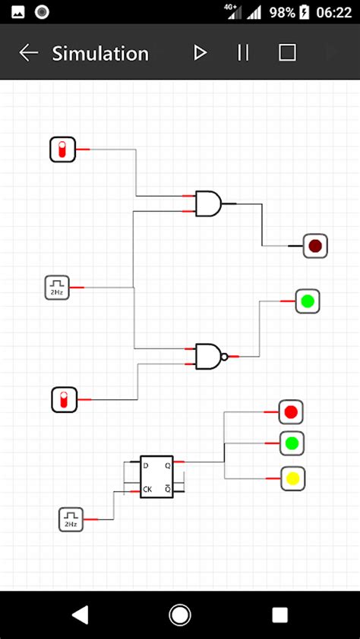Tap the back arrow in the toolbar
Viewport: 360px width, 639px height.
[29, 52]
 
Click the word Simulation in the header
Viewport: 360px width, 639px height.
[100, 53]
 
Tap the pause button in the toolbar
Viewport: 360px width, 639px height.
[243, 52]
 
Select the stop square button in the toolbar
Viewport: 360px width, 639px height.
[287, 52]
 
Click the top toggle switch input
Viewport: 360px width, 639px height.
[63, 150]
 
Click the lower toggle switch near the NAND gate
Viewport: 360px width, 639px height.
[65, 399]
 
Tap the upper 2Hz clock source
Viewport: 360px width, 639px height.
[57, 288]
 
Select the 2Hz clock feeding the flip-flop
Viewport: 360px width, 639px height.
[71, 520]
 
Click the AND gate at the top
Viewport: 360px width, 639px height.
[208, 203]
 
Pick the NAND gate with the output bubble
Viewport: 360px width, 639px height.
[210, 356]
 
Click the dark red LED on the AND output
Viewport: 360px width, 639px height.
[315, 246]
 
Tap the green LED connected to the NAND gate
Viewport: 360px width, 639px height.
[307, 301]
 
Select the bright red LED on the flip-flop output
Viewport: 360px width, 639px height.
[291, 412]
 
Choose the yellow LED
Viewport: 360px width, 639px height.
[292, 479]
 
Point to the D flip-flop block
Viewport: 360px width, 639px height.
[156, 477]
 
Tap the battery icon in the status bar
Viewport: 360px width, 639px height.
[305, 12]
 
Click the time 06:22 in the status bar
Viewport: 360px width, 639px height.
[335, 12]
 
